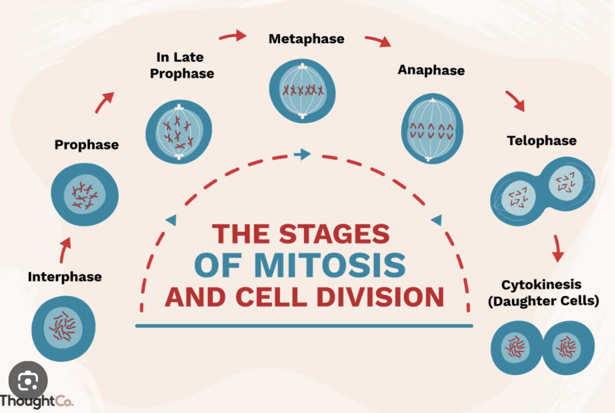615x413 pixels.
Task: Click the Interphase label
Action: click(64, 277)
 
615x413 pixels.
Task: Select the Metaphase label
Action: click(306, 39)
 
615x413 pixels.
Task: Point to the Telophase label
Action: click(541, 141)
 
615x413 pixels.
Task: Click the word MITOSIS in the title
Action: click(329, 265)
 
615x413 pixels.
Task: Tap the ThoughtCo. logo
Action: click(36, 400)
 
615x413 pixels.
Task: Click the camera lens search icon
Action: click(28, 381)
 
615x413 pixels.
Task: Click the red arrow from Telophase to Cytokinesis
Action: click(557, 247)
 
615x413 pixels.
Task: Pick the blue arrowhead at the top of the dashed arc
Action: click(303, 155)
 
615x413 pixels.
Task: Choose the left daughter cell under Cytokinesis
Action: click(515, 347)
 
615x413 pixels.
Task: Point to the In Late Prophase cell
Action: click(179, 130)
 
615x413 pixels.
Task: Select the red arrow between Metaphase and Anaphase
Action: click(377, 42)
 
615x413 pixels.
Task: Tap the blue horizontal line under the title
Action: click(304, 326)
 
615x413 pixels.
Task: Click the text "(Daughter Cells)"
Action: click(543, 301)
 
